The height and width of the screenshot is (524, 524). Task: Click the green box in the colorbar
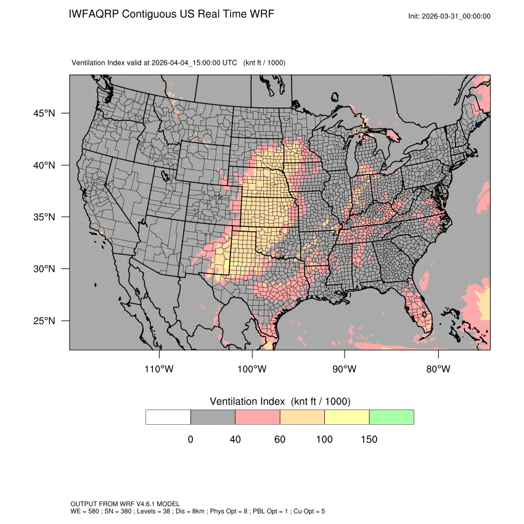pos(391,417)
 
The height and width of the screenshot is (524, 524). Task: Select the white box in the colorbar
pos(168,417)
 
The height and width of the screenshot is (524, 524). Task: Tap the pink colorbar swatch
pos(258,417)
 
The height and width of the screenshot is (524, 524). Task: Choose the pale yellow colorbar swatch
pos(346,417)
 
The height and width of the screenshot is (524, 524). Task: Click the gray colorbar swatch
pos(213,417)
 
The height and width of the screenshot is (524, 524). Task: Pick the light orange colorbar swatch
pos(302,417)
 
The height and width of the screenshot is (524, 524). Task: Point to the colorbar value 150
pos(369,440)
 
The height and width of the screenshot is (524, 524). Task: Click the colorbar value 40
pos(235,440)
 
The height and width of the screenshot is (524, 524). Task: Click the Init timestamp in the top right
pos(449,16)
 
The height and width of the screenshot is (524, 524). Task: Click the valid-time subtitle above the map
pos(178,63)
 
